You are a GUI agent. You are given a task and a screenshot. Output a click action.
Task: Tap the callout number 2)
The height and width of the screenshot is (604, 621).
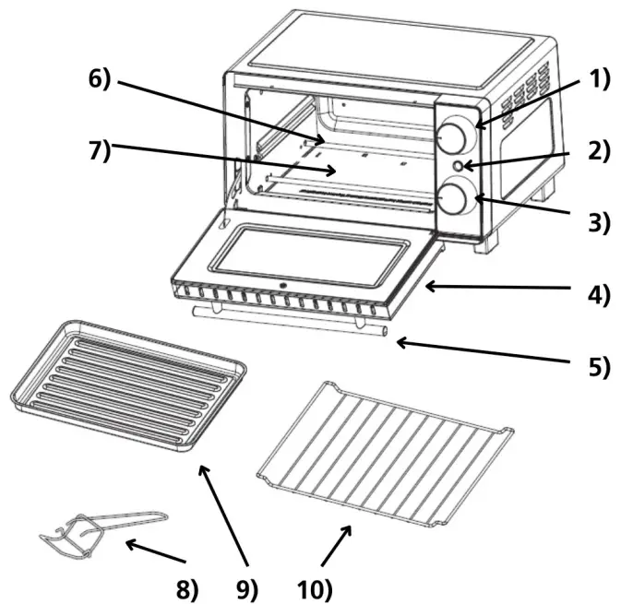pos(600,150)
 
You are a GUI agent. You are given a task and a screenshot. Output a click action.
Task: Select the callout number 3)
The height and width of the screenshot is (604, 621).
pos(600,222)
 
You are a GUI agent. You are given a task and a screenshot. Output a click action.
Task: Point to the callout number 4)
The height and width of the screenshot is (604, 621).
pos(600,297)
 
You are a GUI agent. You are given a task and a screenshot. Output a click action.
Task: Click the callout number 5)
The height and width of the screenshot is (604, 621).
pos(600,366)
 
